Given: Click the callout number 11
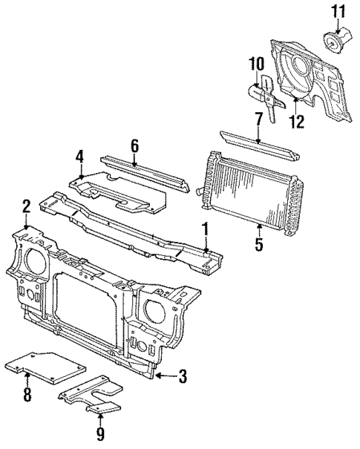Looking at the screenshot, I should (338, 10).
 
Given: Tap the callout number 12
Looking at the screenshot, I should (296, 121).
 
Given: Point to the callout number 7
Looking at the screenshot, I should (258, 118).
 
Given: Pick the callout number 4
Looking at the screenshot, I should (79, 157).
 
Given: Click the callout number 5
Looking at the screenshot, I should (258, 243).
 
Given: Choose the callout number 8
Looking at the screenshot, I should (27, 394).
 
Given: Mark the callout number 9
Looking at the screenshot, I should (99, 433).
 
